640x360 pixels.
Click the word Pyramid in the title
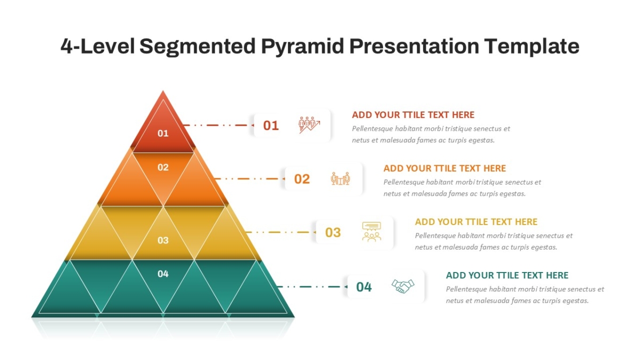click(x=302, y=47)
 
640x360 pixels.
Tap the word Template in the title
click(x=532, y=47)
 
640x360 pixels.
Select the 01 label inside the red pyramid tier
click(x=163, y=133)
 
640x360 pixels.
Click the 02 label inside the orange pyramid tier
click(x=163, y=167)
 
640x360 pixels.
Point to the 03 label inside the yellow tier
click(x=163, y=241)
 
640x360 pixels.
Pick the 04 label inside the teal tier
click(x=163, y=274)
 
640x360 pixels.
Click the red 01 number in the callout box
click(x=270, y=125)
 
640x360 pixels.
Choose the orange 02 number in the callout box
click(x=302, y=179)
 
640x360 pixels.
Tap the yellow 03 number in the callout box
click(x=333, y=233)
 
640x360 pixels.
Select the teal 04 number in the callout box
click(x=364, y=287)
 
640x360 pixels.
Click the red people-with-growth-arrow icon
click(x=309, y=125)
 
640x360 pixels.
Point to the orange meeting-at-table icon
click(x=340, y=179)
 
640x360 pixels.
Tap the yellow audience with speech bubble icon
click(x=371, y=231)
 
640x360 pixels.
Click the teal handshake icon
click(x=403, y=286)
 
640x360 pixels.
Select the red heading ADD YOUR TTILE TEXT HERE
click(x=413, y=115)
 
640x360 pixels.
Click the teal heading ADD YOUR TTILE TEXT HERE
click(x=507, y=275)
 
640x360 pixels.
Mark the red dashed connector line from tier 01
click(x=219, y=125)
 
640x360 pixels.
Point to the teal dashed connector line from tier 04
click(x=313, y=286)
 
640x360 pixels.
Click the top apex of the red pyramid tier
click(x=163, y=91)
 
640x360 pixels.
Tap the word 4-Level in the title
click(x=98, y=46)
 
